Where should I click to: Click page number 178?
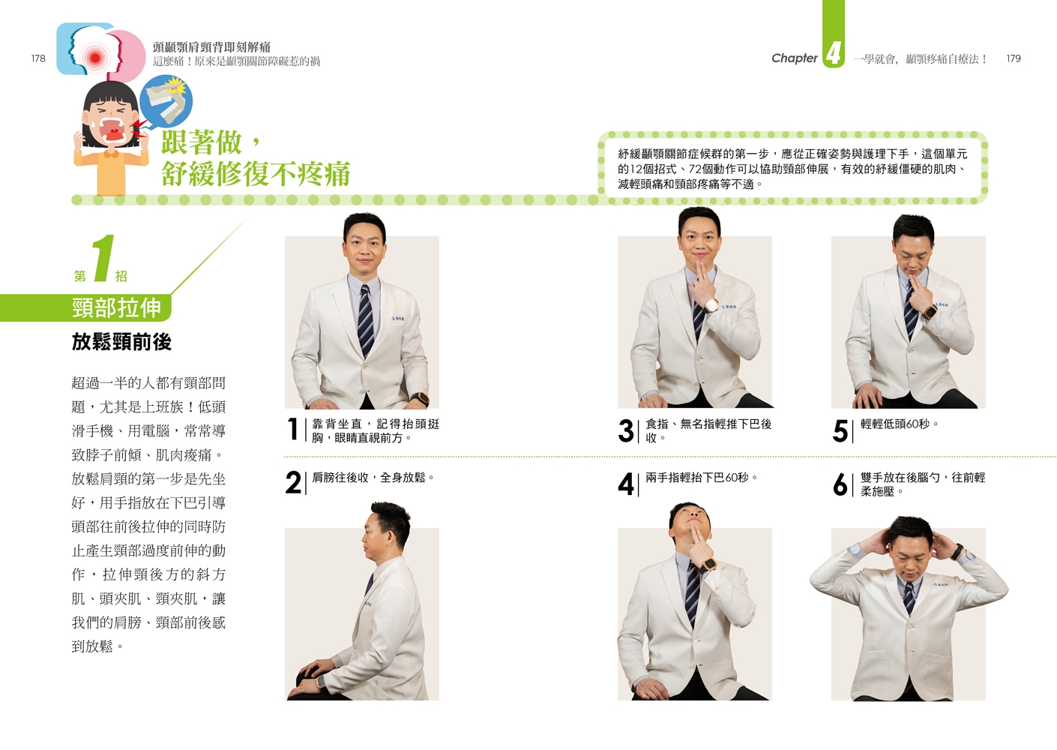(38, 58)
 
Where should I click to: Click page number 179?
(1013, 58)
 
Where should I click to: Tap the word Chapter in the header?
(794, 58)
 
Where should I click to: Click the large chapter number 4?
(834, 53)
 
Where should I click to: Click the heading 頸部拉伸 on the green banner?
(116, 307)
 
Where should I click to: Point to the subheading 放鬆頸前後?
(121, 342)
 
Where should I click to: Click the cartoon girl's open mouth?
(114, 130)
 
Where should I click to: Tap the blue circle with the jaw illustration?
(166, 100)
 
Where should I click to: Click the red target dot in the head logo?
(95, 58)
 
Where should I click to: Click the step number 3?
(626, 430)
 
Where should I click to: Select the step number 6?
(840, 484)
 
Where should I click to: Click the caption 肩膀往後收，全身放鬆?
(373, 478)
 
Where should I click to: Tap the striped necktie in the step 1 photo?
(365, 319)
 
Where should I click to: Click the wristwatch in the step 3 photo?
(711, 305)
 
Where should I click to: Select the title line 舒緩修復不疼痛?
(256, 174)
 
